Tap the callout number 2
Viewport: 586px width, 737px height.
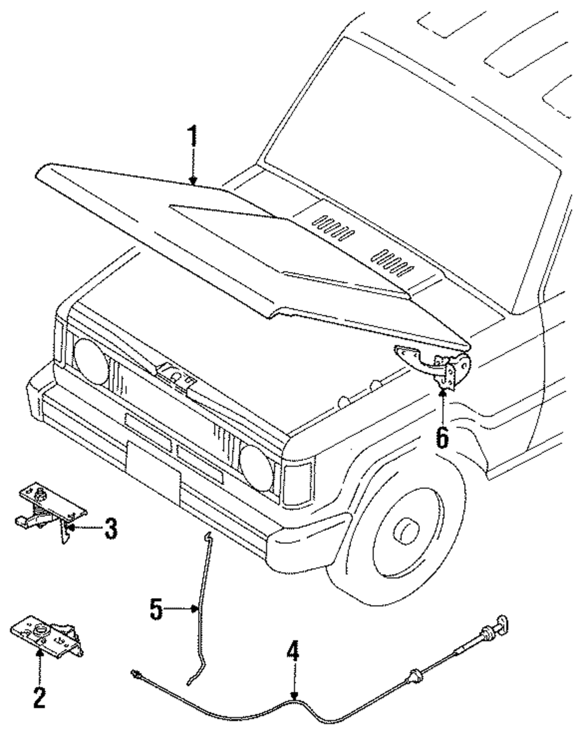(x=39, y=697)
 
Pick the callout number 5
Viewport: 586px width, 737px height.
(x=156, y=610)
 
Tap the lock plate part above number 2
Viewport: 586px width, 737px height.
(x=44, y=633)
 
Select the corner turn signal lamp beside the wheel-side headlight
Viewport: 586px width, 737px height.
(x=297, y=483)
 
